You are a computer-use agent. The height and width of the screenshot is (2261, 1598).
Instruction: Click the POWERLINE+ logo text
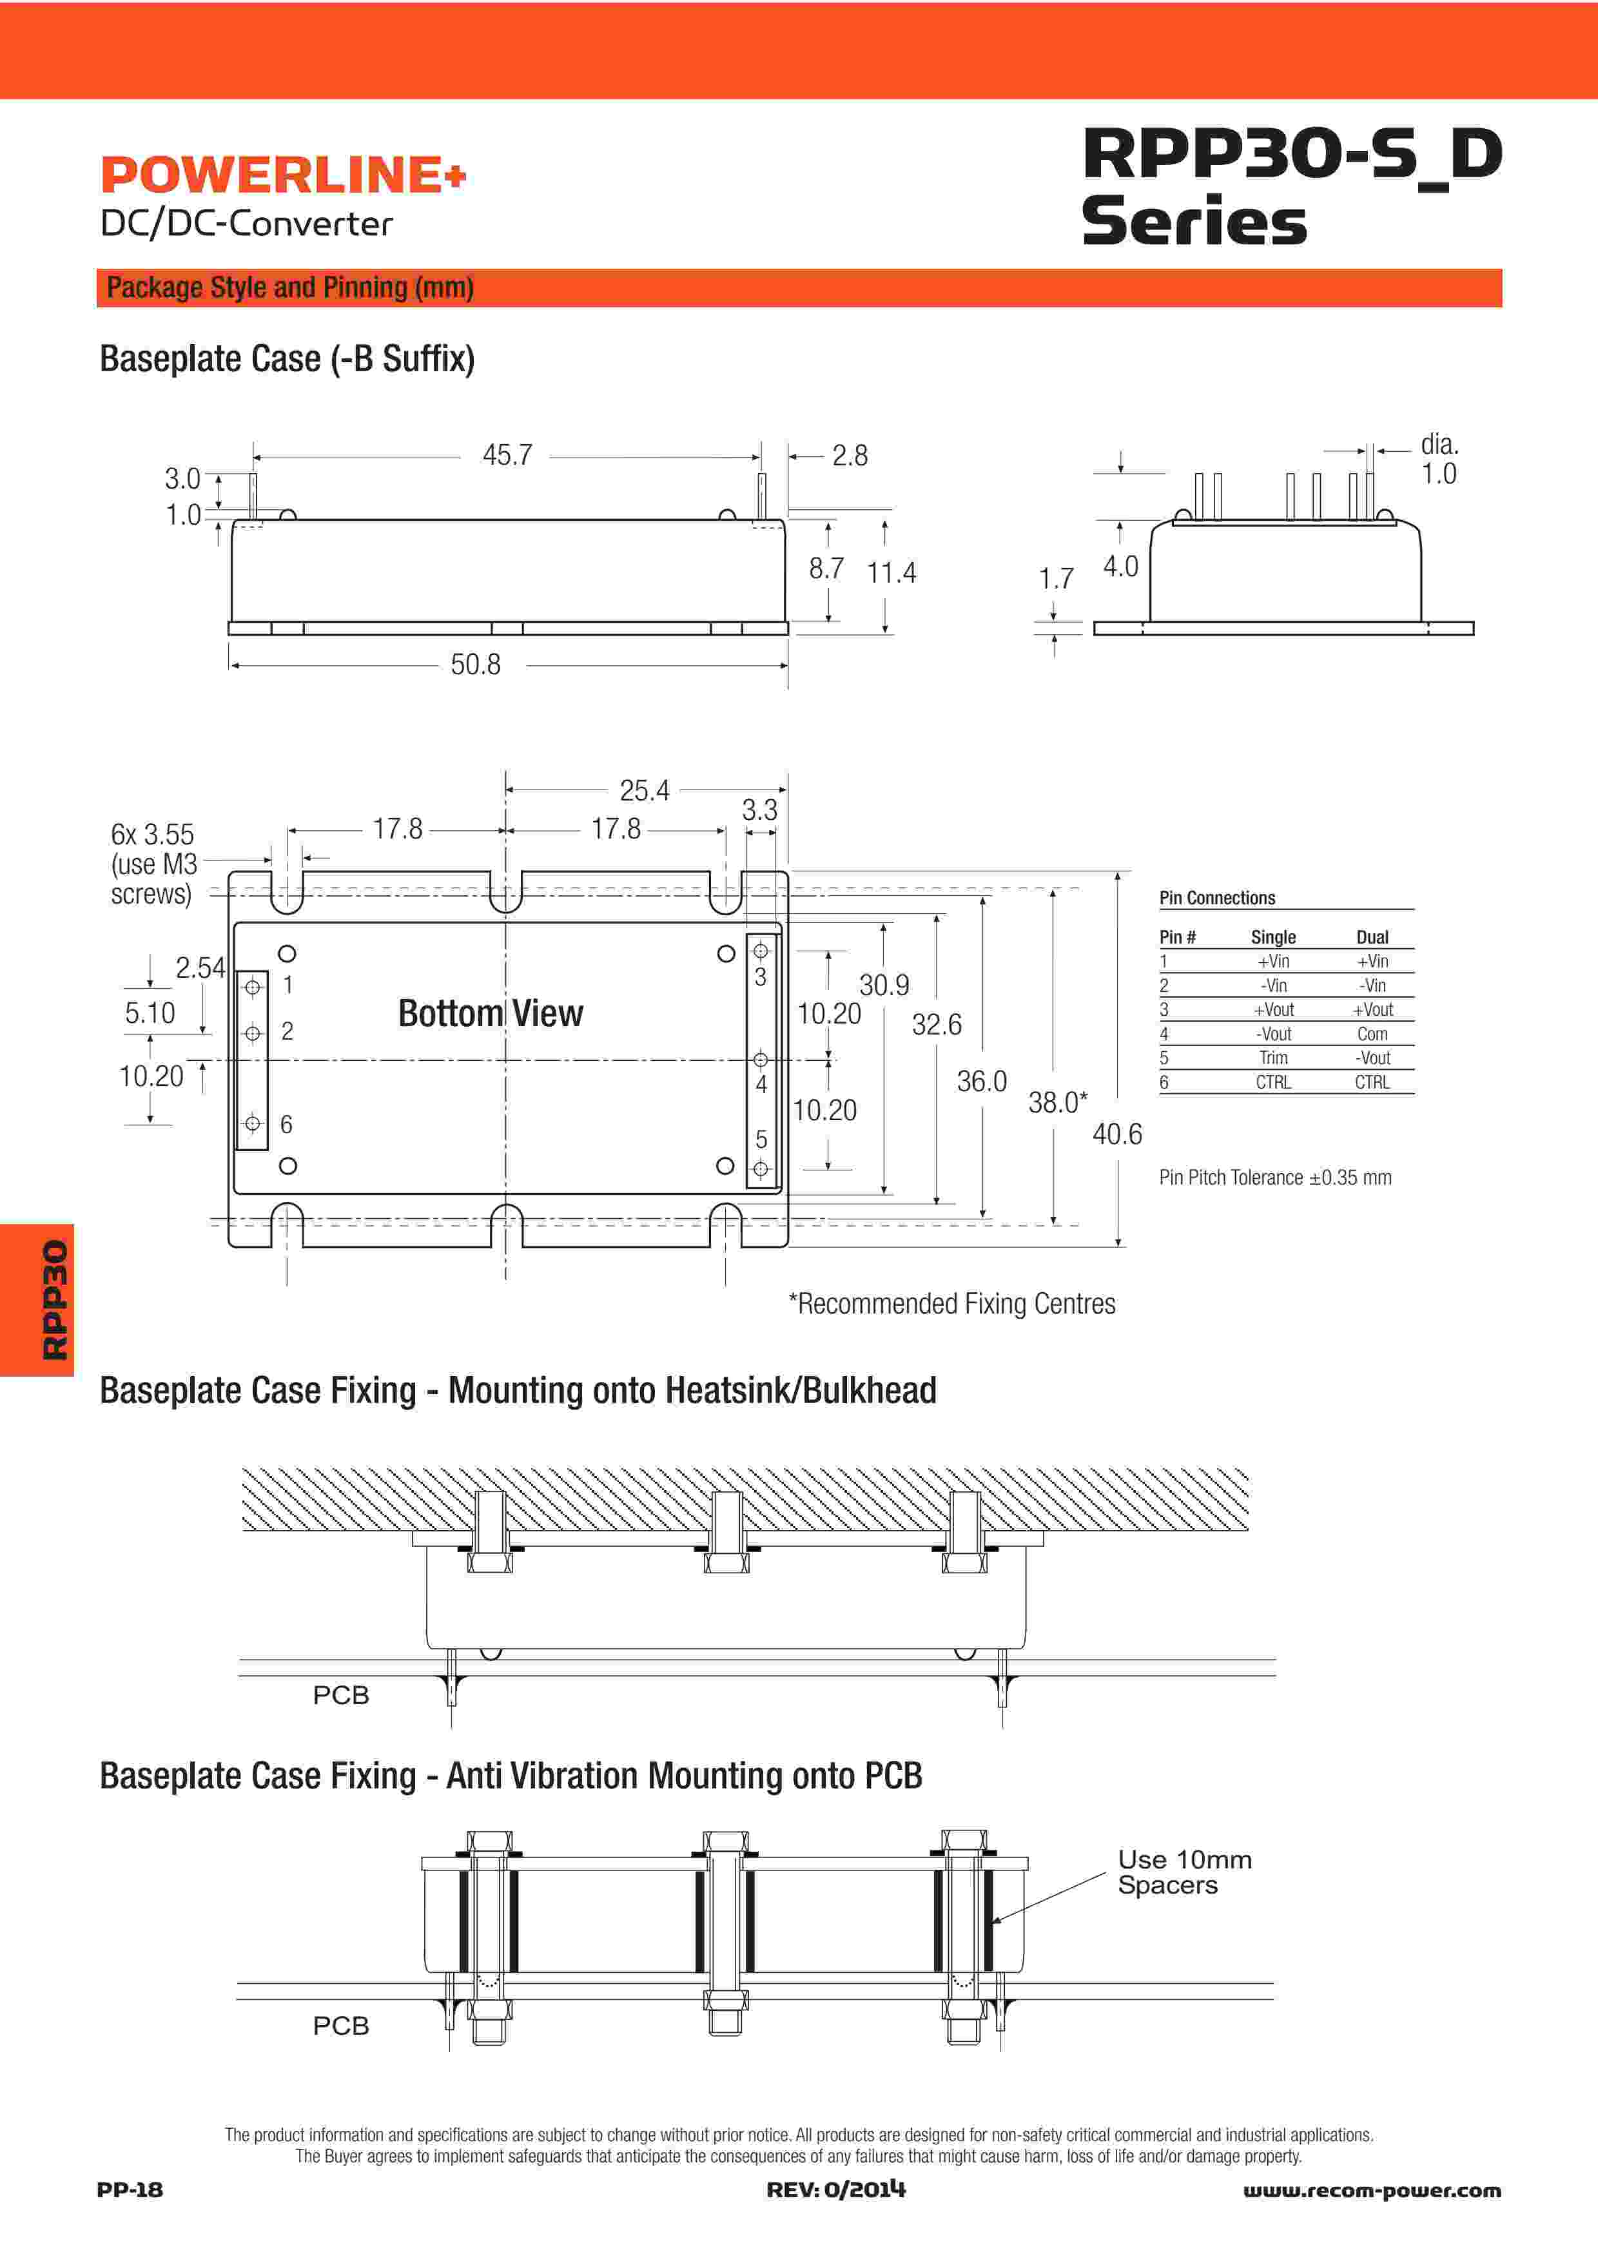[x=282, y=175]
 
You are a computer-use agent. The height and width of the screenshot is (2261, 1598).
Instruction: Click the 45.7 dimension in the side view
[x=507, y=455]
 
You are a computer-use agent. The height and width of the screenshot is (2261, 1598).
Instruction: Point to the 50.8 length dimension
[x=476, y=665]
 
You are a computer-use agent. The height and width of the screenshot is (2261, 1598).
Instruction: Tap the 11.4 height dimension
[x=891, y=572]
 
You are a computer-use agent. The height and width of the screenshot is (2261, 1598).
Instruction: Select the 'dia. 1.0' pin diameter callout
[x=1439, y=459]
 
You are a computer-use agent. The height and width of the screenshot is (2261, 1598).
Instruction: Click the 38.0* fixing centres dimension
[x=1057, y=1103]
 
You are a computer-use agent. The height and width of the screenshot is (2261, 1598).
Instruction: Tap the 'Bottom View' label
[x=491, y=1013]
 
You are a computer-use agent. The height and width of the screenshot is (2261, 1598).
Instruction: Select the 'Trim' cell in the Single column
[x=1273, y=1058]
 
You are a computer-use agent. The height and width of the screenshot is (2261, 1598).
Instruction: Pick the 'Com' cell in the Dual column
[x=1372, y=1034]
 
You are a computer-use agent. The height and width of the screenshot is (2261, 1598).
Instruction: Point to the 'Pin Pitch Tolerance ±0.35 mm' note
[x=1275, y=1178]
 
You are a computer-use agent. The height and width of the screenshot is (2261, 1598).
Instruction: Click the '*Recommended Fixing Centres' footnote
[x=952, y=1304]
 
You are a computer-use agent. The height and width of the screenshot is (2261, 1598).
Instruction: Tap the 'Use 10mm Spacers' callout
[x=1184, y=1872]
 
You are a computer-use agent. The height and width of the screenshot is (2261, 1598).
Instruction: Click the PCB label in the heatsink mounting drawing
[x=340, y=1694]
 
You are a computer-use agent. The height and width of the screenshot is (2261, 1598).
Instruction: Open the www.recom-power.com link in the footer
[x=1372, y=2190]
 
